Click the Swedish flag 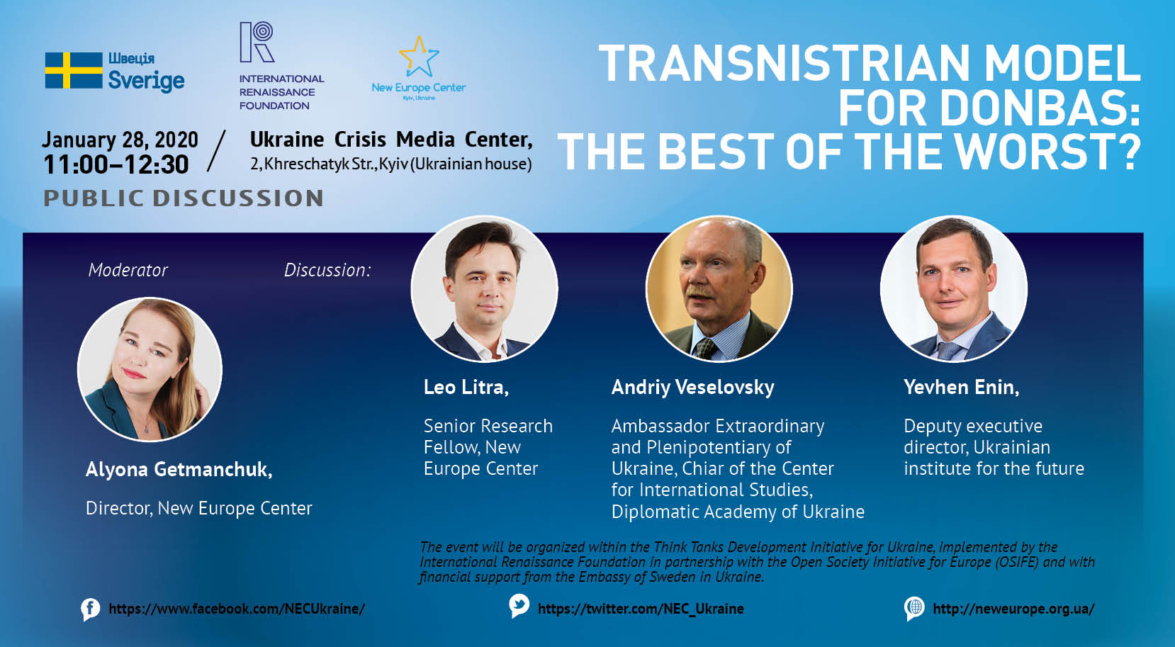(74, 70)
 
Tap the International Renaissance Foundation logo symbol (257, 42)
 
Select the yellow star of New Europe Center (419, 57)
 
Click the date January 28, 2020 (120, 140)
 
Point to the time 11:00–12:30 (116, 165)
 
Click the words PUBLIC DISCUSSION (183, 198)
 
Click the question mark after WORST (1128, 151)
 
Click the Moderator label (128, 270)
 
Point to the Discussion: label (327, 270)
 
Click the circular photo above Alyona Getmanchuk (150, 369)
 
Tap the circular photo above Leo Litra (484, 288)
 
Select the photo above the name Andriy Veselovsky (719, 288)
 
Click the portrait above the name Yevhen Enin (954, 288)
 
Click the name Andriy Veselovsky (692, 387)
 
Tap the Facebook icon (90, 609)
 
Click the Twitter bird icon (519, 606)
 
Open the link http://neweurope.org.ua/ (1013, 609)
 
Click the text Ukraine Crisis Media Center (391, 140)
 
